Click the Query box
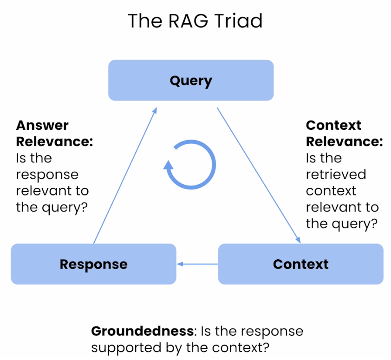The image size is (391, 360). [x=191, y=80]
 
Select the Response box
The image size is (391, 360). [x=93, y=264]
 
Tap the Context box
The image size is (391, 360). [x=300, y=264]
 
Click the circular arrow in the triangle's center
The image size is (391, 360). [x=191, y=165]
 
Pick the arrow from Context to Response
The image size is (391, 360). [x=197, y=264]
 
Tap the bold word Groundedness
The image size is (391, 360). [x=142, y=332]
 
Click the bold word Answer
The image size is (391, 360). [x=42, y=125]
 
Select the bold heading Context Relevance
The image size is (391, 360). [x=344, y=133]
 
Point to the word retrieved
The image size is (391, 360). [x=336, y=174]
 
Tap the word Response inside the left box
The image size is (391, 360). [x=93, y=264]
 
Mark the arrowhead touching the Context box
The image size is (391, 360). [x=298, y=239]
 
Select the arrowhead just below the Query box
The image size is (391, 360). [x=155, y=111]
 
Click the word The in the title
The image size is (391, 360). [x=142, y=21]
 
